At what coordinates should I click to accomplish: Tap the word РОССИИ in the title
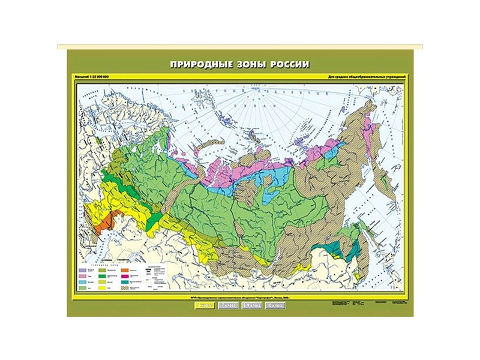289,65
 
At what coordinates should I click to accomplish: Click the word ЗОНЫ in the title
249,65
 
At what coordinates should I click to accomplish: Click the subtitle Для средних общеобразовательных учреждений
368,78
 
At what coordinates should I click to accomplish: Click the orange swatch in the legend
125,270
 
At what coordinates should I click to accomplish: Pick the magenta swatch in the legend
125,276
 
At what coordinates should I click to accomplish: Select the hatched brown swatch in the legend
125,288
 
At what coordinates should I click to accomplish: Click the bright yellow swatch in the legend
102,288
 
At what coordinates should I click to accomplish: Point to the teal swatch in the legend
125,282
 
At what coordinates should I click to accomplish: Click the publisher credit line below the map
240,298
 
